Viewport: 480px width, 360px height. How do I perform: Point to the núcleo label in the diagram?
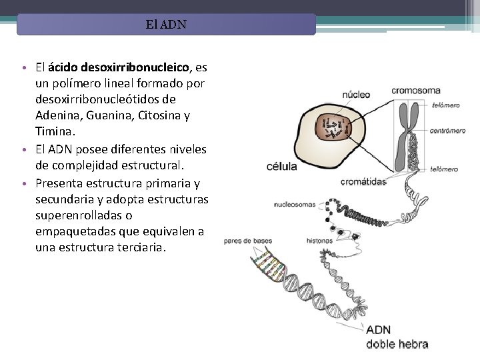click(x=357, y=95)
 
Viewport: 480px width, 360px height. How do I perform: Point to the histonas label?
click(x=320, y=240)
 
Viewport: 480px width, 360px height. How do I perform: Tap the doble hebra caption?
click(x=398, y=345)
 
